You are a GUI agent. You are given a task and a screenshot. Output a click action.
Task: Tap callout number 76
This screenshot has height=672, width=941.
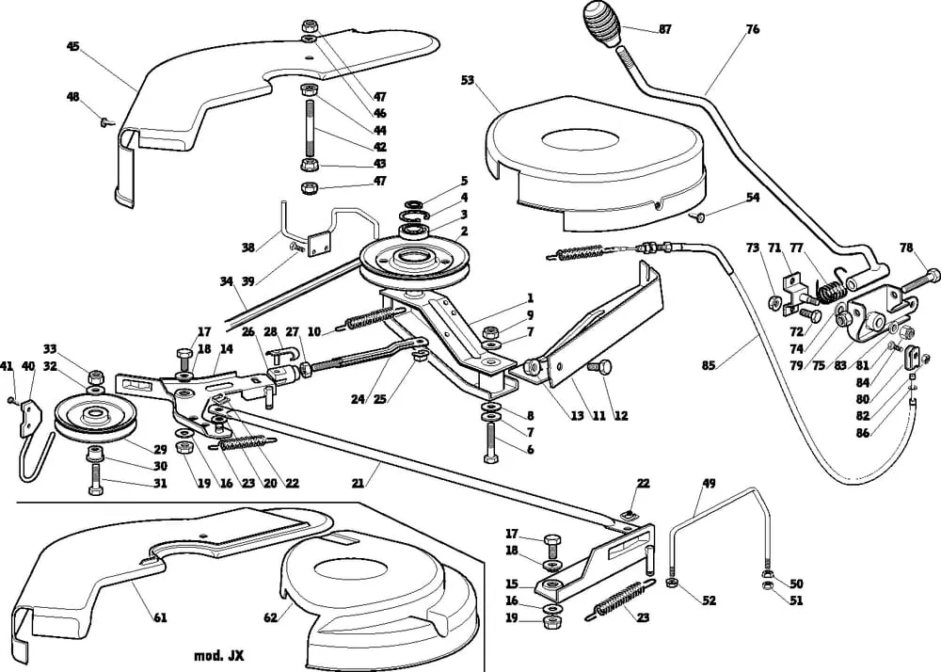point(752,29)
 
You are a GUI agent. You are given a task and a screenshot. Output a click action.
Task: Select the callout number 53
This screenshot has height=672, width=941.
point(468,80)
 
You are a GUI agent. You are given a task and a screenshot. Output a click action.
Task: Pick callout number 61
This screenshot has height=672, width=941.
point(159,617)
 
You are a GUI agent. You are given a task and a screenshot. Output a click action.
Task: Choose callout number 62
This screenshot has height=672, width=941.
point(270,617)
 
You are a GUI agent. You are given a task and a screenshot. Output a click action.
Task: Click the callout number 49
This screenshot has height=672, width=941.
point(709,485)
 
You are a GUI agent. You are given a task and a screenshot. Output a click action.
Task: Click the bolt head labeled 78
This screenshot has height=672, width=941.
point(932,276)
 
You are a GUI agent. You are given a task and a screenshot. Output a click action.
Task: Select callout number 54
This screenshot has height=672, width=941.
point(752,197)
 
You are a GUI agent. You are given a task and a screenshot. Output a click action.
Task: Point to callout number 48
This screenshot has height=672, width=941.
point(73,97)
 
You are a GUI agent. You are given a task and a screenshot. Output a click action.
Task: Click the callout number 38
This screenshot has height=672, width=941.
point(248,248)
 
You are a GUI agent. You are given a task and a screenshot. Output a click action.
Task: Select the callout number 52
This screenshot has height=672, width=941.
point(709,600)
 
